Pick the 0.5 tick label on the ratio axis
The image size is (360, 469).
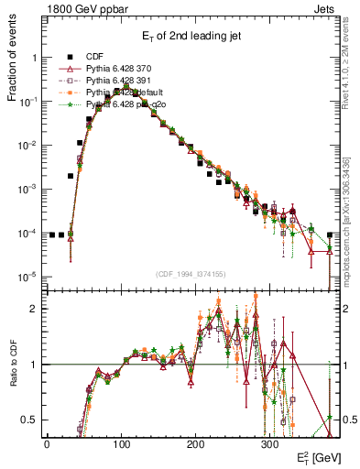coord(28,420)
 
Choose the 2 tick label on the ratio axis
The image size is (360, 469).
coord(33,309)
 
